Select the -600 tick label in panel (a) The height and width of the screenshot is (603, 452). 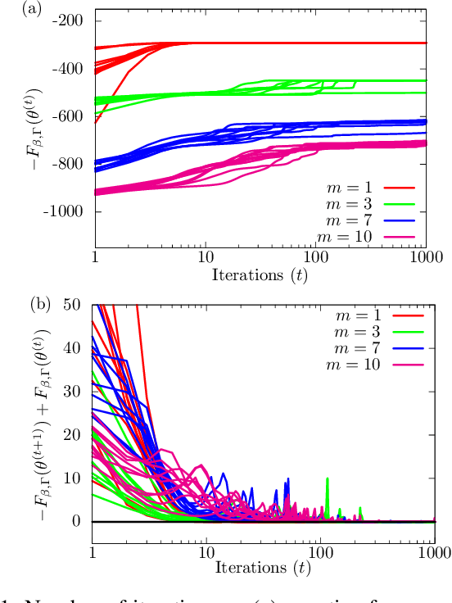click(x=73, y=116)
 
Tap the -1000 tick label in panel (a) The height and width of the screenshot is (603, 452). click(x=70, y=211)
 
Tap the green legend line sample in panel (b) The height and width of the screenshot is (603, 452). click(x=399, y=331)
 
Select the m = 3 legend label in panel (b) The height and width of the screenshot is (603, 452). click(x=355, y=331)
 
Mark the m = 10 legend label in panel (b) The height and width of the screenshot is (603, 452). click(x=351, y=364)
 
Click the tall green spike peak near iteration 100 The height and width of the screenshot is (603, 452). click(x=328, y=478)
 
